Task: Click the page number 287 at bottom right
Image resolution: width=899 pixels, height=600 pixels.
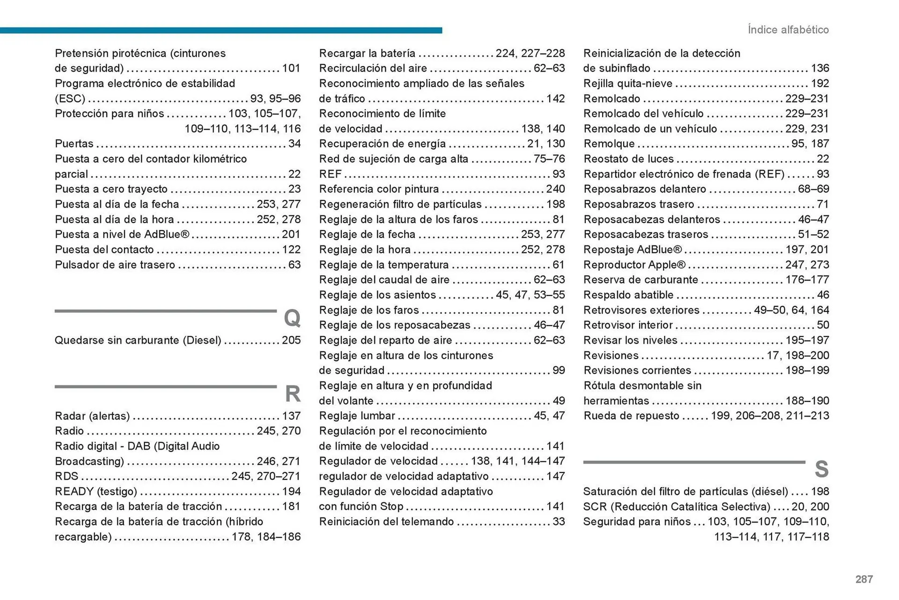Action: tap(864, 579)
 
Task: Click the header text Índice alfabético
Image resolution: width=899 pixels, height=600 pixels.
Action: tap(788, 30)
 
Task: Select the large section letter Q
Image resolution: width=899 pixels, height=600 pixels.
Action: tap(292, 319)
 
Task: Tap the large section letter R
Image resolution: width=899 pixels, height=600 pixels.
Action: tap(293, 394)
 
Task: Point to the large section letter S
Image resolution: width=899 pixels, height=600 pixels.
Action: tap(821, 469)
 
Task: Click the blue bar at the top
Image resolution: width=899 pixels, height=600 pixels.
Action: tap(220, 30)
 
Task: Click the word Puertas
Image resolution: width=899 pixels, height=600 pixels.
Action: tap(74, 144)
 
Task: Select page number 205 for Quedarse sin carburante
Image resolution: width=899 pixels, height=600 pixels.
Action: tap(291, 341)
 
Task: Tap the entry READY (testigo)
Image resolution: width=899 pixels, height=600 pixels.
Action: tap(96, 491)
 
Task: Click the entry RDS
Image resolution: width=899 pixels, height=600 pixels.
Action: tap(66, 476)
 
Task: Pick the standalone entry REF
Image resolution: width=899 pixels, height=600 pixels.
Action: tap(330, 174)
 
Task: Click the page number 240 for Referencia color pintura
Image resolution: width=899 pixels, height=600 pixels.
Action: tap(555, 189)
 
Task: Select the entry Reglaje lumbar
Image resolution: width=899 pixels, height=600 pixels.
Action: tap(357, 416)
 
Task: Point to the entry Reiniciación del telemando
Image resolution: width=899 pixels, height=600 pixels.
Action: tap(386, 522)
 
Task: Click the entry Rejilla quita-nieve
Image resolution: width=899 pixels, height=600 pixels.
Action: tap(627, 83)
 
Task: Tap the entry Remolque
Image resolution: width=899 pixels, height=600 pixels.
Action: tap(609, 144)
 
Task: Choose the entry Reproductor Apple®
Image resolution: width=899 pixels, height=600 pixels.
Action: tap(634, 265)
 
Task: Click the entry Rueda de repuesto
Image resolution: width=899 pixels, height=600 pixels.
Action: tap(631, 416)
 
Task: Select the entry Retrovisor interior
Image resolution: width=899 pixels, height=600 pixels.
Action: tap(627, 325)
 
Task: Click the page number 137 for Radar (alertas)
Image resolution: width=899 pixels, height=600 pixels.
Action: tap(291, 416)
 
